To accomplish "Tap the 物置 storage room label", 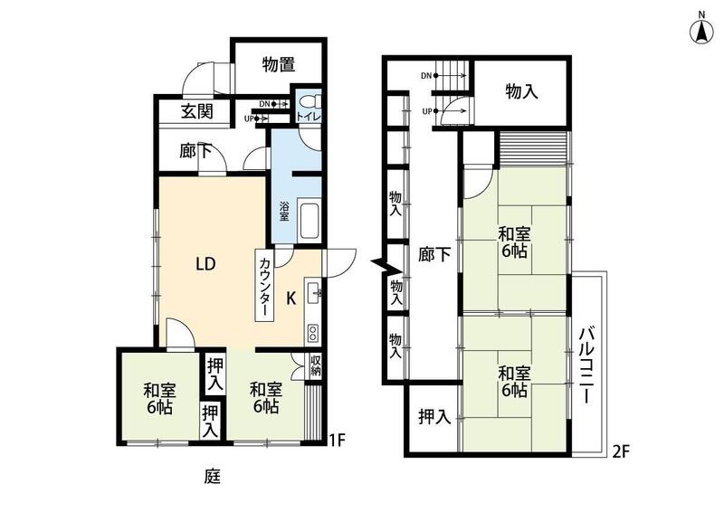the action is pyautogui.click(x=279, y=64).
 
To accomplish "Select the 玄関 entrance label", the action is pyautogui.click(x=196, y=111).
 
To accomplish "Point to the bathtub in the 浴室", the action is pyautogui.click(x=310, y=221).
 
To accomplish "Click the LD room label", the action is pyautogui.click(x=205, y=264).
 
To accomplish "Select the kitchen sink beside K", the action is pyautogui.click(x=313, y=291).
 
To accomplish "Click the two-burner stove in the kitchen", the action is pyautogui.click(x=312, y=333).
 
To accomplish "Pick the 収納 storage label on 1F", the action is pyautogui.click(x=315, y=365).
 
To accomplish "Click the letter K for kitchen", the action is pyautogui.click(x=291, y=299).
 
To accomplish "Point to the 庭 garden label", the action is pyautogui.click(x=213, y=476).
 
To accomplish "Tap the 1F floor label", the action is pyautogui.click(x=337, y=441).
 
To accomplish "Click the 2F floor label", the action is pyautogui.click(x=621, y=451).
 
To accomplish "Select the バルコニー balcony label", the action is pyautogui.click(x=586, y=365).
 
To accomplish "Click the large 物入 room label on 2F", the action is pyautogui.click(x=521, y=91).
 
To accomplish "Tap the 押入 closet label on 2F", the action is pyautogui.click(x=434, y=417).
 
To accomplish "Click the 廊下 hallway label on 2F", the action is pyautogui.click(x=434, y=254).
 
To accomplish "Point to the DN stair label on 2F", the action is pyautogui.click(x=426, y=76).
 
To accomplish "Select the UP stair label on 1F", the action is pyautogui.click(x=249, y=119).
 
